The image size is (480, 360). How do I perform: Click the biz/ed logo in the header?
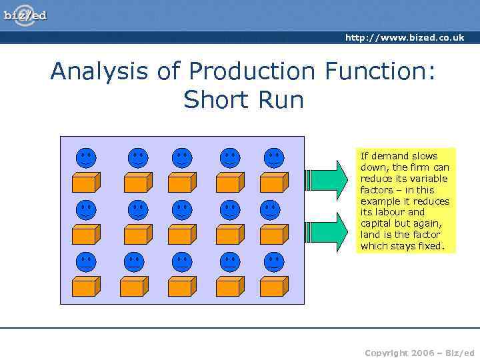click(x=25, y=15)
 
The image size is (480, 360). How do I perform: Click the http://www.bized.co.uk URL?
click(x=404, y=38)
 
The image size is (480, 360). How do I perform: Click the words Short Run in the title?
click(x=243, y=100)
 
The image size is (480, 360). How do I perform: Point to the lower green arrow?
click(x=328, y=231)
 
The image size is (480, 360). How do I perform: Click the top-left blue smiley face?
click(x=85, y=158)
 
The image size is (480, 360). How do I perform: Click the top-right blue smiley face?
click(x=273, y=158)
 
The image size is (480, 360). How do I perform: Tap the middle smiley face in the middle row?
click(x=181, y=210)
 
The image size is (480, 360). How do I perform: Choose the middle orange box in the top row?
click(x=181, y=182)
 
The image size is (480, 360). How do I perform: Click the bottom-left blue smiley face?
click(x=85, y=262)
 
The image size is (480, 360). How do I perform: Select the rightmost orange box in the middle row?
click(x=273, y=234)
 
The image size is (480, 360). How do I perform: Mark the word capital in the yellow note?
click(x=376, y=223)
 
